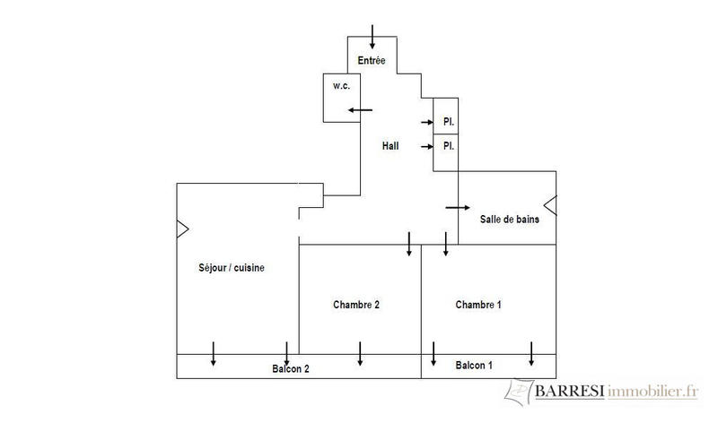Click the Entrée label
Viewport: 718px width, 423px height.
(371, 61)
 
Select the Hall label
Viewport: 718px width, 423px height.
(390, 145)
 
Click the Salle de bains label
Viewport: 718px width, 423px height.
(509, 220)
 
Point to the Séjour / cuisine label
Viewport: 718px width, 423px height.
(231, 268)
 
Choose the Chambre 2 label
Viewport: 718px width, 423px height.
(356, 305)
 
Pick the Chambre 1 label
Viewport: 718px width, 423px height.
(478, 305)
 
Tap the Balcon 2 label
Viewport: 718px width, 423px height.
(291, 368)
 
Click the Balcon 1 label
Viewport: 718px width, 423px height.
(474, 366)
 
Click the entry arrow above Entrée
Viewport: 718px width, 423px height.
(372, 37)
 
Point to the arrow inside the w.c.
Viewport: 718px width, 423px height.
(361, 110)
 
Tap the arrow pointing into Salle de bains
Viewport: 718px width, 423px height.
(457, 207)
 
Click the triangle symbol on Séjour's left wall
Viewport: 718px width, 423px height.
(182, 229)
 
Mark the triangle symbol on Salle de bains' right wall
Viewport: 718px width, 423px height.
(550, 205)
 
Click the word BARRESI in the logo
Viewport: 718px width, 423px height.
(570, 392)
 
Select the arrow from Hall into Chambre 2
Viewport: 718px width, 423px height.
(409, 243)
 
